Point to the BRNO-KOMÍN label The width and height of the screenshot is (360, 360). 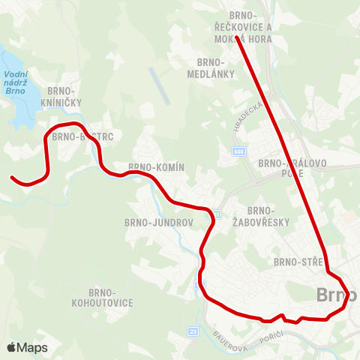point(156,167)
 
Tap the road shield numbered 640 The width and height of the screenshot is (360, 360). point(238,151)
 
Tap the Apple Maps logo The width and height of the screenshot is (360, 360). point(27,347)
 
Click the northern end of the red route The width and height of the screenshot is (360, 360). point(236,37)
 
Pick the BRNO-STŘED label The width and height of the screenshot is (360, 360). point(298,262)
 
